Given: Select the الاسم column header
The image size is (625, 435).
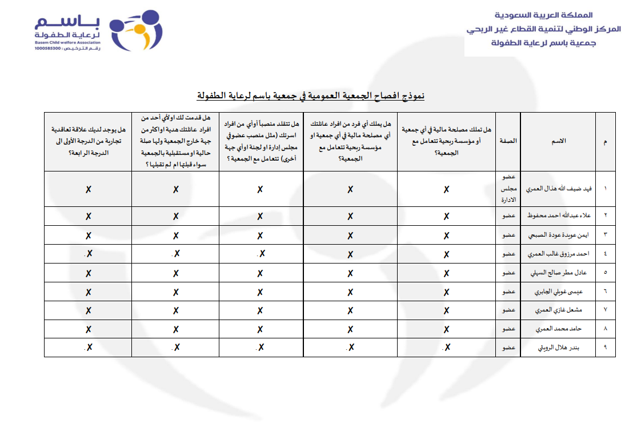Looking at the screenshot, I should pos(558,141).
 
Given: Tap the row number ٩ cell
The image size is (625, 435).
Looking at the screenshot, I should pos(605,348).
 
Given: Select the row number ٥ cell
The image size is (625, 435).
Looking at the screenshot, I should pos(605,273).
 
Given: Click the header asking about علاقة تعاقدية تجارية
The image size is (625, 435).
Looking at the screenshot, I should pos(88,141).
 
